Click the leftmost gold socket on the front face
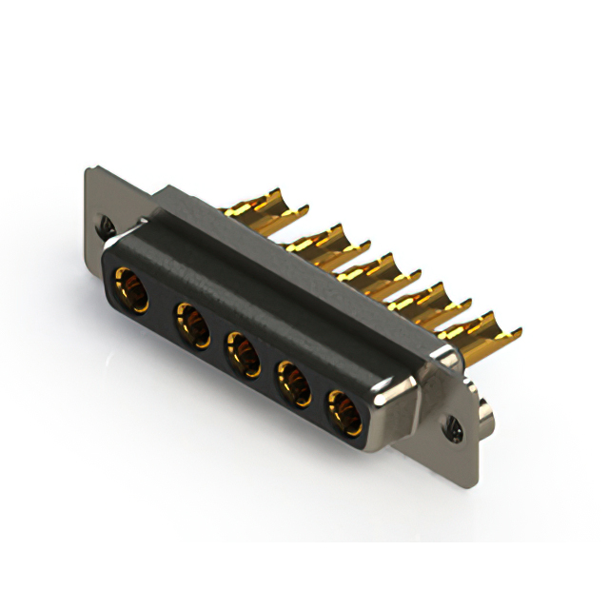131,289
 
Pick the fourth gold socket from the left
293,384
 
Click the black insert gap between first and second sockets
162,306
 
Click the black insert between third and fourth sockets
267,369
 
